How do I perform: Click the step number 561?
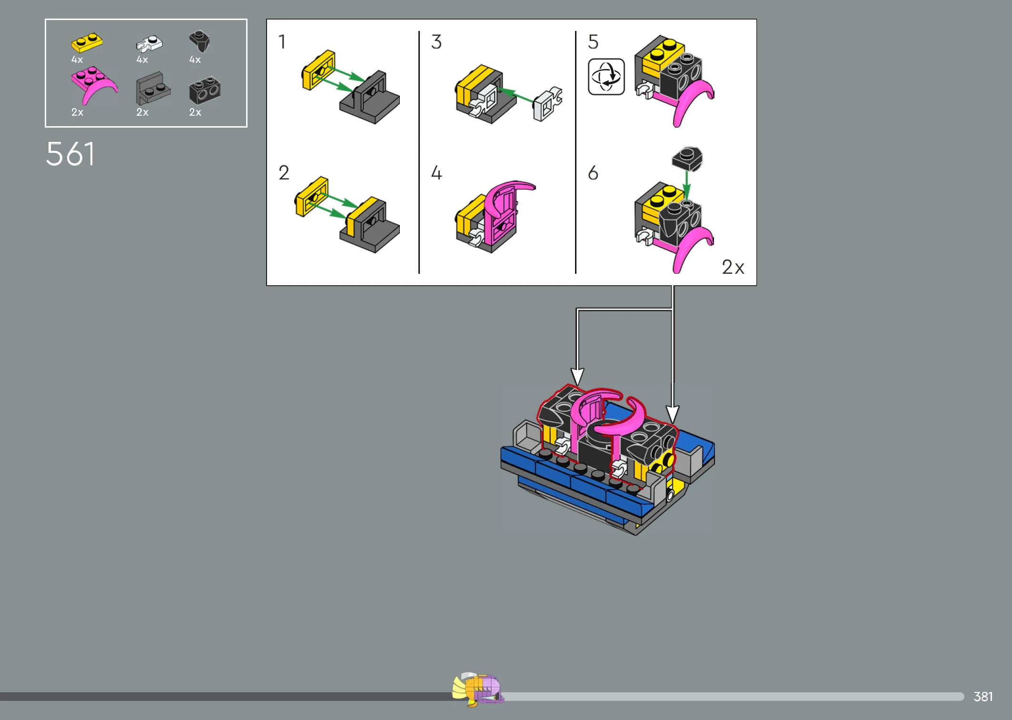coord(70,154)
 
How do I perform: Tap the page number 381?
coord(983,697)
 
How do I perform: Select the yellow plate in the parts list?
coord(87,42)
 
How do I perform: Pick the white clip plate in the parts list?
coord(149,44)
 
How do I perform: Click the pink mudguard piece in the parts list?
coord(93,84)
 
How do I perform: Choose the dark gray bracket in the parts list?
coord(153,88)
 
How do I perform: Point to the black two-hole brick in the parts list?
coord(205,90)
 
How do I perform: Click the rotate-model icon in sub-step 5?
coord(606,77)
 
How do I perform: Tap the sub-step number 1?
coord(282,42)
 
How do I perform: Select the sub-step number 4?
coord(437,172)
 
